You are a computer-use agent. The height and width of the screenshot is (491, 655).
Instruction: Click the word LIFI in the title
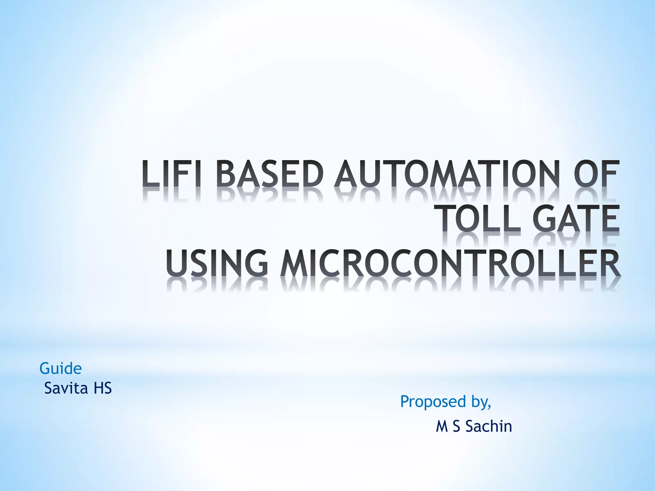(x=172, y=175)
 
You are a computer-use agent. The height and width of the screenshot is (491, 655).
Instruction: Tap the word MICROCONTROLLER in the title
(x=450, y=264)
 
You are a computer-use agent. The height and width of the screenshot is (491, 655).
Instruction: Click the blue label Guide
(x=60, y=369)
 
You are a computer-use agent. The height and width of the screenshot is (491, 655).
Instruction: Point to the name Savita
(x=66, y=388)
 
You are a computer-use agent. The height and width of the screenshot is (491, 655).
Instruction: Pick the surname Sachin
(x=489, y=426)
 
